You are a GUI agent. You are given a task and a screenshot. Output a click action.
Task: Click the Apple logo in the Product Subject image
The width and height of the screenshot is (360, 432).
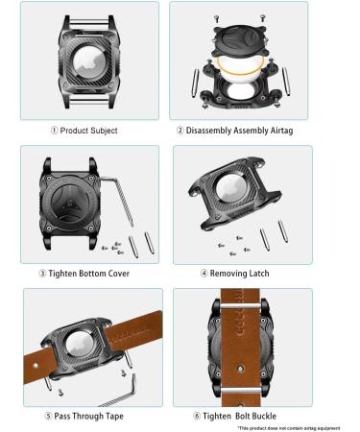point(89,60)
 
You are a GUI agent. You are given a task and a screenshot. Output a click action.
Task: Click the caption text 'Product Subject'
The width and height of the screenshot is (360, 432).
point(94,131)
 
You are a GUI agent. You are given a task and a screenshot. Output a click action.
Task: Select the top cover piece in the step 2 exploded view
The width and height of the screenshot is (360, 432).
point(239,29)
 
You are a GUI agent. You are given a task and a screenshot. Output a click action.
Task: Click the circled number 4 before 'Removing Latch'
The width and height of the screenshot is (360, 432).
point(204,274)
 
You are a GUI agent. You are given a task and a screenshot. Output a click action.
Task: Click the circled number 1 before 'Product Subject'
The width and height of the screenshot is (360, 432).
point(54,131)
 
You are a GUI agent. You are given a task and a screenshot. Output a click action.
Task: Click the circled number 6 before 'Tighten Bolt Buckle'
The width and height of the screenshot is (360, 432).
point(196,416)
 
